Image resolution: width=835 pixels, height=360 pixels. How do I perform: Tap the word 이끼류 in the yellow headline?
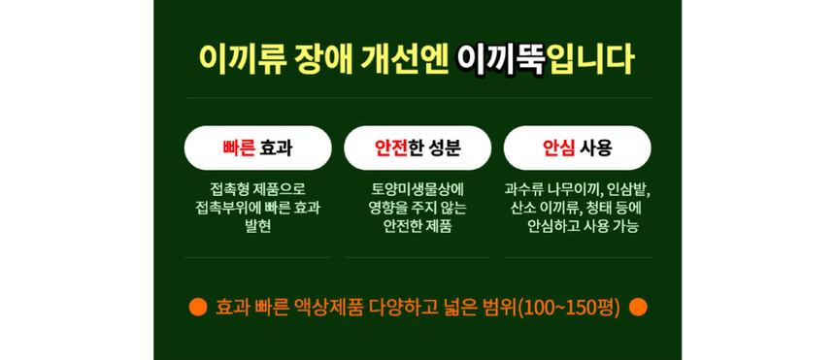coord(243,58)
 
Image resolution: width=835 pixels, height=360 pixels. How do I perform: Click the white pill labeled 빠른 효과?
coord(257,147)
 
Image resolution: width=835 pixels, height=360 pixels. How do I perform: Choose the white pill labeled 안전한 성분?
coord(417,147)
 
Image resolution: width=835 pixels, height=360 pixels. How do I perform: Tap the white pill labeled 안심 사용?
coord(577,147)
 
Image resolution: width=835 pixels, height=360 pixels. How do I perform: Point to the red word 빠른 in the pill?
coord(239,147)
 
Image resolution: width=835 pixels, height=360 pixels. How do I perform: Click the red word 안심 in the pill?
coord(558,147)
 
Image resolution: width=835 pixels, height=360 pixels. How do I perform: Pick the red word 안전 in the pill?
coord(390,147)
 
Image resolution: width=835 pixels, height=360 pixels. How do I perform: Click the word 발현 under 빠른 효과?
coord(257,226)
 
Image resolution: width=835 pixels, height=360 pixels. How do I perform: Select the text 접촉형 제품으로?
coord(257,188)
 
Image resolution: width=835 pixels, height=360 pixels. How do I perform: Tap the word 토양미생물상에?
coord(417,188)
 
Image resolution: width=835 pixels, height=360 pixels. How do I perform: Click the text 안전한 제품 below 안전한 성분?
coord(417,226)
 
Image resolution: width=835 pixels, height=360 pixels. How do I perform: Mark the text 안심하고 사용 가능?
coord(583,226)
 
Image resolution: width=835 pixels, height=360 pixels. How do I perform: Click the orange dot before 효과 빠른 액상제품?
coord(198,307)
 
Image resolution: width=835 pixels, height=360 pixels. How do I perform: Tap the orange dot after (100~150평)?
coord(638,307)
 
